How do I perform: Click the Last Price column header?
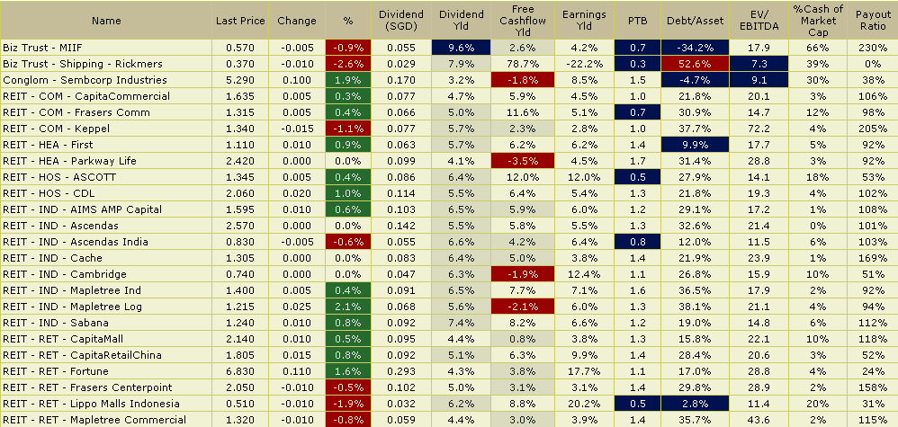click(x=240, y=20)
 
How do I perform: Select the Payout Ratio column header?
click(x=874, y=20)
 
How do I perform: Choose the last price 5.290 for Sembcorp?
click(x=240, y=79)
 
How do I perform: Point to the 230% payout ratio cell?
click(x=874, y=47)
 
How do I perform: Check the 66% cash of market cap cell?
click(x=818, y=47)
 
